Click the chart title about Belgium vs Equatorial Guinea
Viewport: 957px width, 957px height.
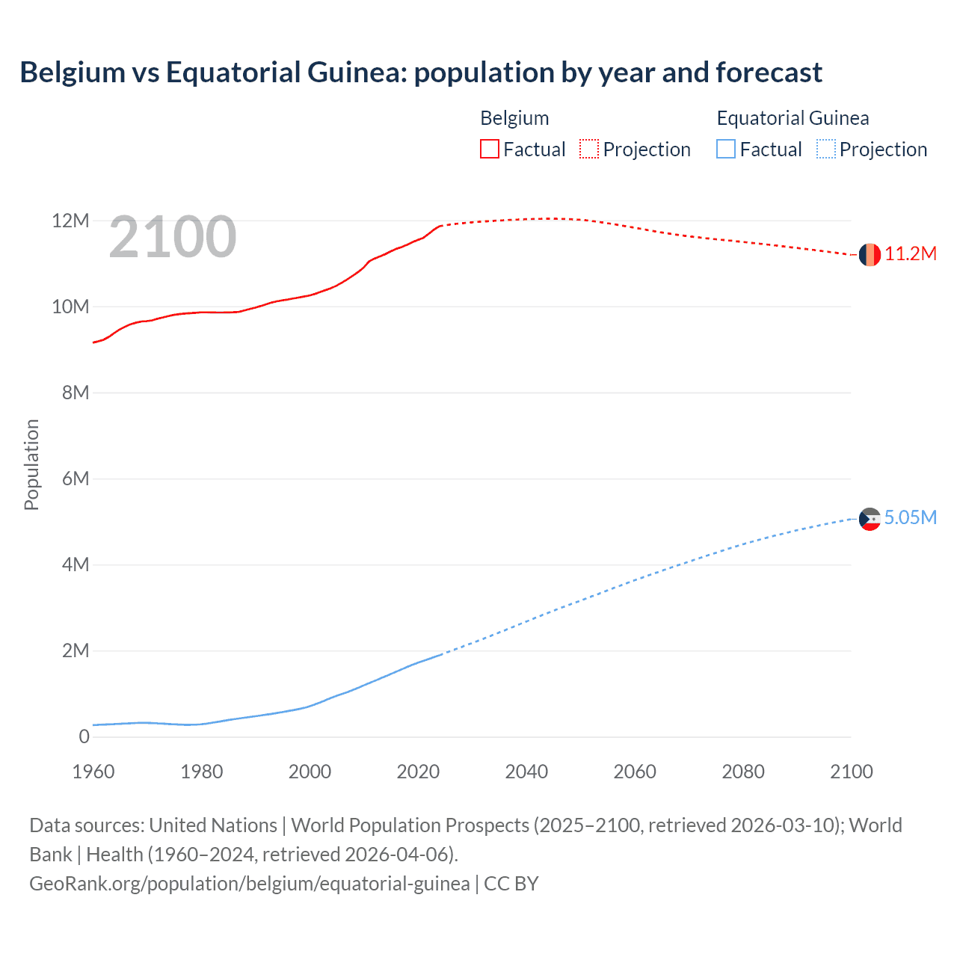coord(421,73)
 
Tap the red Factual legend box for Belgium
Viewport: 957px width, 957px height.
coord(489,150)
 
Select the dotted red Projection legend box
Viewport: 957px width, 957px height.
coord(589,150)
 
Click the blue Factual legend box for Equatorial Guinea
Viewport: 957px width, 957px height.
coord(726,150)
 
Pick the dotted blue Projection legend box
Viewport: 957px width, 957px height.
coord(826,150)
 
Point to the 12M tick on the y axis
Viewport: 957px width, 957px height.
coord(70,221)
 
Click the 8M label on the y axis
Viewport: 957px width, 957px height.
coord(76,393)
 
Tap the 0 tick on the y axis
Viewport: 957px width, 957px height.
coord(84,736)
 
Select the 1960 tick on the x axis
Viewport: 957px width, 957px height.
coord(93,772)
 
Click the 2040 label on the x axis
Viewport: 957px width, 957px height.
coord(526,772)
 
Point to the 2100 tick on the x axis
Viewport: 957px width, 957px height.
coord(851,772)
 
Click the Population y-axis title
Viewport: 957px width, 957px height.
coord(31,464)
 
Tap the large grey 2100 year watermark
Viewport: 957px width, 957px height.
coord(173,237)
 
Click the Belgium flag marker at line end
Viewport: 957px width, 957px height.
coord(870,255)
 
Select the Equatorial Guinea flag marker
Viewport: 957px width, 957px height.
coord(870,518)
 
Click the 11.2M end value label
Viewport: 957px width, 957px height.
coord(911,254)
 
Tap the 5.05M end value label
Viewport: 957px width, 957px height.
coord(911,517)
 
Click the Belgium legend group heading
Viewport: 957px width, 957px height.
coord(514,118)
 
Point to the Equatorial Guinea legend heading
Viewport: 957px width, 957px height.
coord(793,118)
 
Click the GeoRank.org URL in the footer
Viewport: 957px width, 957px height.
coord(250,884)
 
